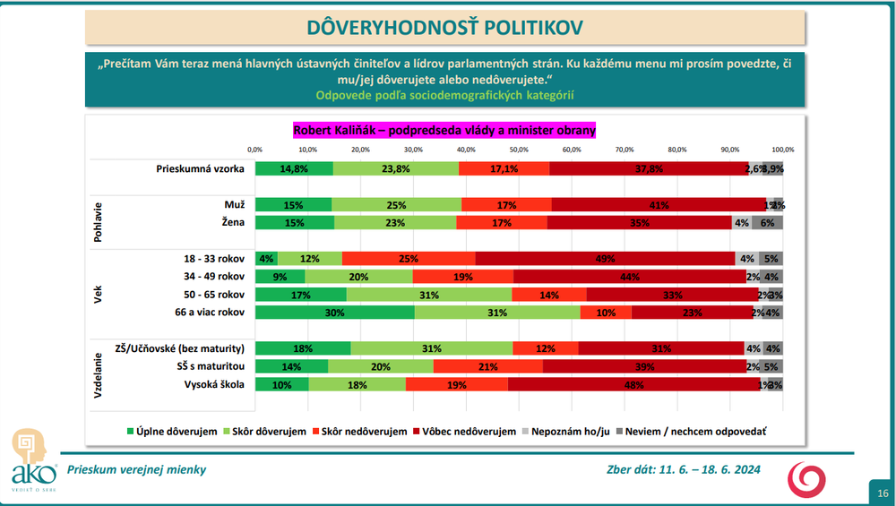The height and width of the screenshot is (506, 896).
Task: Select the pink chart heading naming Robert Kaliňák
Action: click(x=444, y=131)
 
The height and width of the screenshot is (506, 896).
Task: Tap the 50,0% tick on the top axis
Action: click(x=519, y=150)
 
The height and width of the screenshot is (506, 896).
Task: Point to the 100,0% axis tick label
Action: click(x=783, y=150)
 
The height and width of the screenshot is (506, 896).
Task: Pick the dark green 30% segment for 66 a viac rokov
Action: click(x=334, y=313)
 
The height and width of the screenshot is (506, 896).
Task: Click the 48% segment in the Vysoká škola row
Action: click(x=633, y=384)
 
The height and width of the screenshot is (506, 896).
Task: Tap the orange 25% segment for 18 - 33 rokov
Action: click(x=409, y=259)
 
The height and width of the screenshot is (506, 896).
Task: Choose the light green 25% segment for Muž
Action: click(x=396, y=205)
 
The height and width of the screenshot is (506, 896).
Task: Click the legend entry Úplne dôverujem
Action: click(x=171, y=431)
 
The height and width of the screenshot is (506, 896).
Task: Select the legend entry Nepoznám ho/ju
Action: click(x=568, y=431)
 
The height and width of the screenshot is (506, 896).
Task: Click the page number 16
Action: click(x=883, y=493)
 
